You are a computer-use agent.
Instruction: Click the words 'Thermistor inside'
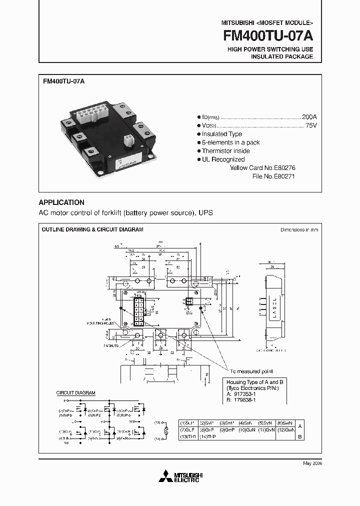(225, 151)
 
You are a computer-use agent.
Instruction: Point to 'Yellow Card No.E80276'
(262, 168)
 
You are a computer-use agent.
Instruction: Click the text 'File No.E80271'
(274, 176)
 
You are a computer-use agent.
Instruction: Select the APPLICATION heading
(61, 202)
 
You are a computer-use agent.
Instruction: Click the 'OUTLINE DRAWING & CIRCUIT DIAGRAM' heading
(92, 229)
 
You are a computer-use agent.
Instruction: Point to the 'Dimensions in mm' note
(299, 230)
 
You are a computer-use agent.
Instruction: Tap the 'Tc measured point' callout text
(252, 371)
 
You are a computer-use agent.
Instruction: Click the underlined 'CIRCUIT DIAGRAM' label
(75, 393)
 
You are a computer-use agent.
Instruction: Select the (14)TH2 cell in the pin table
(208, 436)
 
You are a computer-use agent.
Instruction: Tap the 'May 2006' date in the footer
(312, 463)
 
